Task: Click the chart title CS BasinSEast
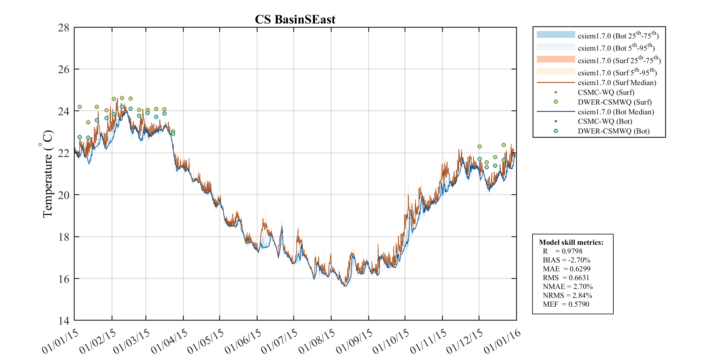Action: coord(295,20)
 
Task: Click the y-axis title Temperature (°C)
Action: coord(47,174)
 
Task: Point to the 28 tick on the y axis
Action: coord(64,28)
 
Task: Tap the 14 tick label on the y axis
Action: coord(64,321)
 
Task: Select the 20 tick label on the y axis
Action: coord(64,195)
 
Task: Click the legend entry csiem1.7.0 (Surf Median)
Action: coord(617,83)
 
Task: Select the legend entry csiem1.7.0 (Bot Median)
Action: coord(616,112)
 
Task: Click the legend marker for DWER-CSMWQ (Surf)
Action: coord(556,102)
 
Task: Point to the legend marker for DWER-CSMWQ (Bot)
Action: coord(556,131)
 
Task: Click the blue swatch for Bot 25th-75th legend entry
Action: coord(556,34)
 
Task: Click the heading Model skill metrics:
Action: coord(571,242)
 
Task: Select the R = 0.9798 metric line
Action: coord(562,251)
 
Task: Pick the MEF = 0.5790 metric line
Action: coord(566,304)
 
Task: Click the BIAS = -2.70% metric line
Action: coord(566,260)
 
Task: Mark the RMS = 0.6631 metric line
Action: coord(566,278)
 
